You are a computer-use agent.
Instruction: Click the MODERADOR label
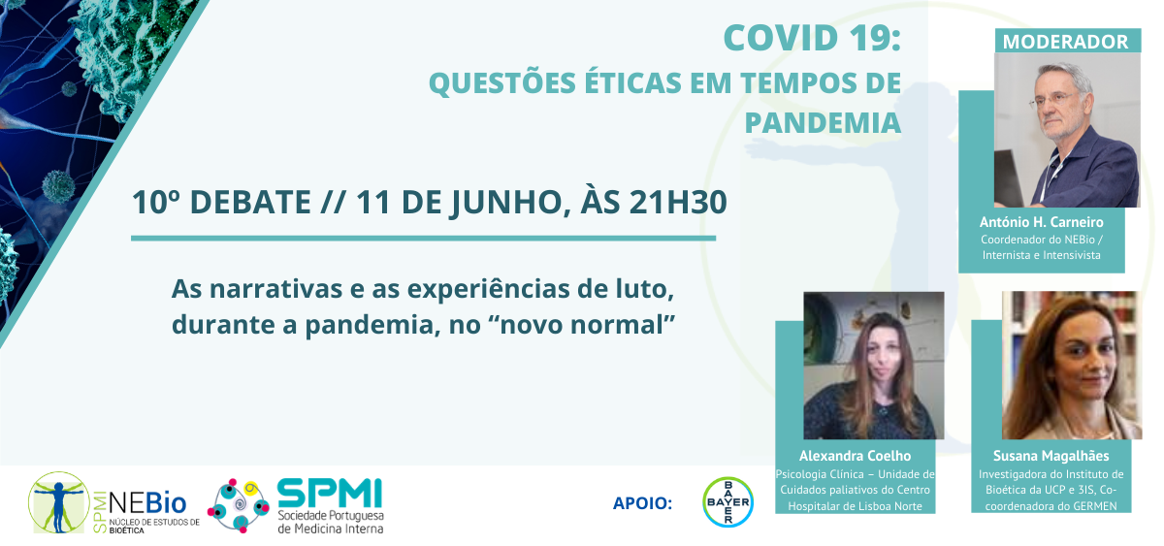pyautogui.click(x=1065, y=42)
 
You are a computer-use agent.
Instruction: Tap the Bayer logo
pyautogui.click(x=727, y=501)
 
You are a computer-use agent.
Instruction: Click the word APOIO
pyautogui.click(x=642, y=503)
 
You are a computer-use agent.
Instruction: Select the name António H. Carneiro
pyautogui.click(x=1042, y=222)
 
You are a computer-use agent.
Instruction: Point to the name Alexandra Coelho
pyautogui.click(x=855, y=456)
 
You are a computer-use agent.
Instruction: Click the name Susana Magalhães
pyautogui.click(x=1051, y=456)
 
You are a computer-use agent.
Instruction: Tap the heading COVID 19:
pyautogui.click(x=812, y=38)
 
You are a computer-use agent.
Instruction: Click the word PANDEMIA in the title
pyautogui.click(x=823, y=122)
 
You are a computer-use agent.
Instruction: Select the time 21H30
pyautogui.click(x=678, y=202)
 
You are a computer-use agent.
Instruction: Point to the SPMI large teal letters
pyautogui.click(x=330, y=493)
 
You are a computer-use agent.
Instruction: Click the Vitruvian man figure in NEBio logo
pyautogui.click(x=59, y=502)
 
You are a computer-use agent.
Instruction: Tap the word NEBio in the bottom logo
pyautogui.click(x=147, y=502)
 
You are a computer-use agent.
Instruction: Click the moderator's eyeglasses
pyautogui.click(x=1050, y=99)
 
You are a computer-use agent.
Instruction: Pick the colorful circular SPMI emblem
pyautogui.click(x=239, y=505)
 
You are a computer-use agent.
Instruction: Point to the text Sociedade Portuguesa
pyautogui.click(x=331, y=516)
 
